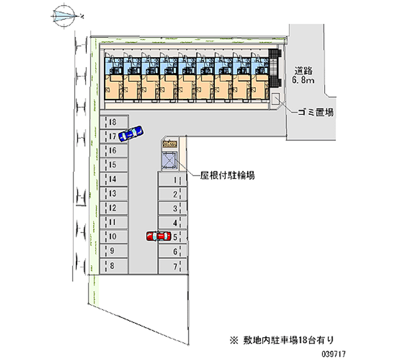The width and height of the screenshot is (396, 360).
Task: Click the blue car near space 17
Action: [131, 133]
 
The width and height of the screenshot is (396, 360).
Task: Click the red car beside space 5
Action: [158, 236]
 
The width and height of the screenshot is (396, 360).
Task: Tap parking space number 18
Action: [114, 122]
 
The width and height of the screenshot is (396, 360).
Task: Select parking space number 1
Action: [172, 180]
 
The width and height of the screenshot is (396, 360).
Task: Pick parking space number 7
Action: [172, 266]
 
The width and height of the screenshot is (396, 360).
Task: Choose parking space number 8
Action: [114, 266]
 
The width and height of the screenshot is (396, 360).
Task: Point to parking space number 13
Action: [114, 194]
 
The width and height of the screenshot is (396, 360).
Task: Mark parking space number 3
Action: [172, 208]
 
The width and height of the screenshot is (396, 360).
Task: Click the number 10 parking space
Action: [114, 237]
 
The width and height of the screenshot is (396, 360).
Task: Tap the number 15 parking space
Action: [114, 165]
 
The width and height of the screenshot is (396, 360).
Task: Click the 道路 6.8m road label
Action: [303, 75]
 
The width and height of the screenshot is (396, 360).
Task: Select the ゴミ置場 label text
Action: [316, 112]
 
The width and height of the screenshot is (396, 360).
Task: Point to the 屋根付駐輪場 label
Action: [227, 175]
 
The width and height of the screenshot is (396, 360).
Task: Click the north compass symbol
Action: [65, 16]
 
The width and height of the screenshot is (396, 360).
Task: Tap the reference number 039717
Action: [333, 354]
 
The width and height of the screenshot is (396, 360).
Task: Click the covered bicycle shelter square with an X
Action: [169, 160]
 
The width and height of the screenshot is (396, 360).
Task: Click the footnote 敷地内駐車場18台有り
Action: [282, 340]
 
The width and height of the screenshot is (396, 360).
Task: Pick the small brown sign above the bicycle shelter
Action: [170, 144]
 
